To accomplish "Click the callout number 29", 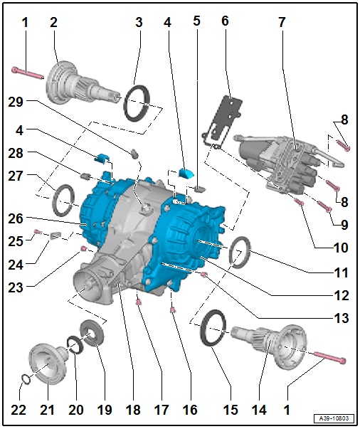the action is (x=16, y=102).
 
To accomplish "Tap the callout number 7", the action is (x=282, y=22).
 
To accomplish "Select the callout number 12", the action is (x=342, y=295).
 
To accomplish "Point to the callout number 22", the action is (x=18, y=410).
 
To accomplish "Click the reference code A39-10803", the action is (x=334, y=418).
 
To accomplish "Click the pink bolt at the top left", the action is (x=28, y=73).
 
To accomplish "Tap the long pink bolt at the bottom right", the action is (x=330, y=357).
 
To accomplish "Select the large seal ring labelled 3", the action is (x=137, y=102).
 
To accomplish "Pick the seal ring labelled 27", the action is (x=63, y=201).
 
